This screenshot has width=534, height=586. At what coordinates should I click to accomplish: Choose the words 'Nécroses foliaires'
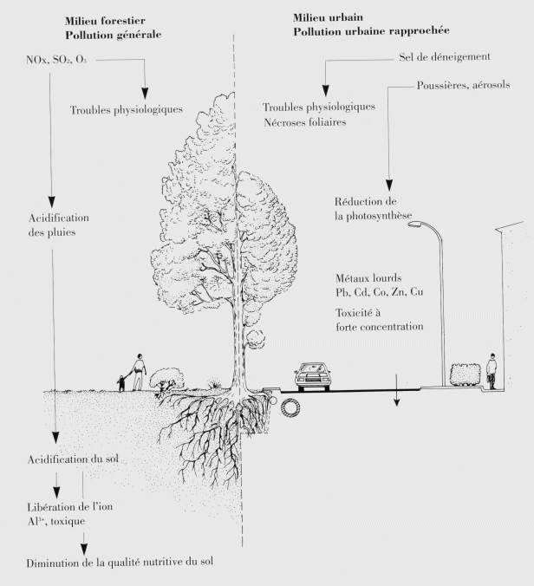coord(307,121)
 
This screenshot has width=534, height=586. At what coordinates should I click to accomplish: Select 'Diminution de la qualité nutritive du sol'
coord(119,562)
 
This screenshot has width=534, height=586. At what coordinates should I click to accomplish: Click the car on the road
coord(313,374)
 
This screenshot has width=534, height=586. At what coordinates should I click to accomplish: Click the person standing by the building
coord(492,370)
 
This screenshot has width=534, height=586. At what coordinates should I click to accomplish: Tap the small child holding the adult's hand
coord(121,380)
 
